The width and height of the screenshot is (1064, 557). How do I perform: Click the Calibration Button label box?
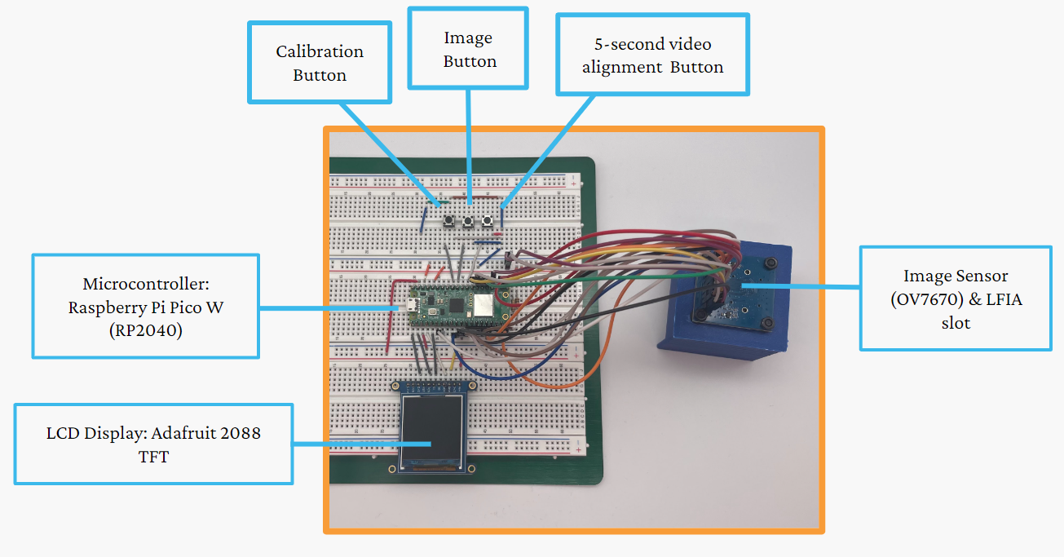(x=319, y=63)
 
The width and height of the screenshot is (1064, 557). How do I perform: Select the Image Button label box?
(x=469, y=49)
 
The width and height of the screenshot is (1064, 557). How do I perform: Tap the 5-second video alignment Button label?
(x=652, y=55)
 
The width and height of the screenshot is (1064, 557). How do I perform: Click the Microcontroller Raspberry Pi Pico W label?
(x=146, y=307)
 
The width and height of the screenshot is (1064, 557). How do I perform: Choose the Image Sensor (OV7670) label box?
(x=956, y=298)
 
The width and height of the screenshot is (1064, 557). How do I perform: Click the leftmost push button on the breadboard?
(x=448, y=220)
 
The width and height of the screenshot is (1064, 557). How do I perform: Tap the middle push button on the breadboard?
(x=468, y=221)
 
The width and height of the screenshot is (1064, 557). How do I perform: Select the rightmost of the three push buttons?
(x=488, y=220)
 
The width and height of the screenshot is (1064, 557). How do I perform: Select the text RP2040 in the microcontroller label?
(x=146, y=329)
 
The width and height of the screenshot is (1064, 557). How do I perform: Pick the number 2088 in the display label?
(x=237, y=433)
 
